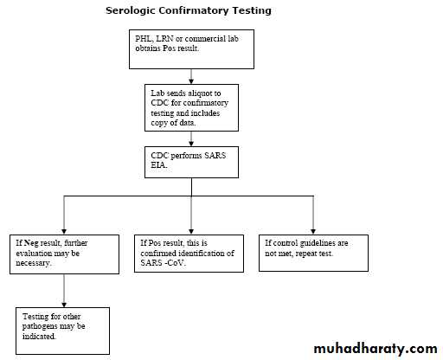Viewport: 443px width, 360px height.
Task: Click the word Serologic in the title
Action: (131, 11)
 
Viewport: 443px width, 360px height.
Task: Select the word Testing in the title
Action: (252, 11)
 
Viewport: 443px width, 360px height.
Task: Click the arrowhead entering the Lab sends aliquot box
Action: (191, 81)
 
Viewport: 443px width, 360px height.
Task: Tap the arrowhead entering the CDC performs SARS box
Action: (191, 144)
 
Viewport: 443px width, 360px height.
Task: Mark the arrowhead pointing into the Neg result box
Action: (64, 232)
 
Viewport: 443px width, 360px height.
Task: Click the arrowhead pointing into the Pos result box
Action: (191, 232)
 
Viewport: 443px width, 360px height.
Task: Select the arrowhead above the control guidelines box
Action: (313, 232)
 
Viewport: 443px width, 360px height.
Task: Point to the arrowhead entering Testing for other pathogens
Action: (64, 305)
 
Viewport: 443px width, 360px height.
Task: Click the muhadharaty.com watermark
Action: (376, 349)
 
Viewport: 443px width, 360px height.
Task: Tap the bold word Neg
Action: (31, 243)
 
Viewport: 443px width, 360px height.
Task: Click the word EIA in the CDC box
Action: (159, 165)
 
